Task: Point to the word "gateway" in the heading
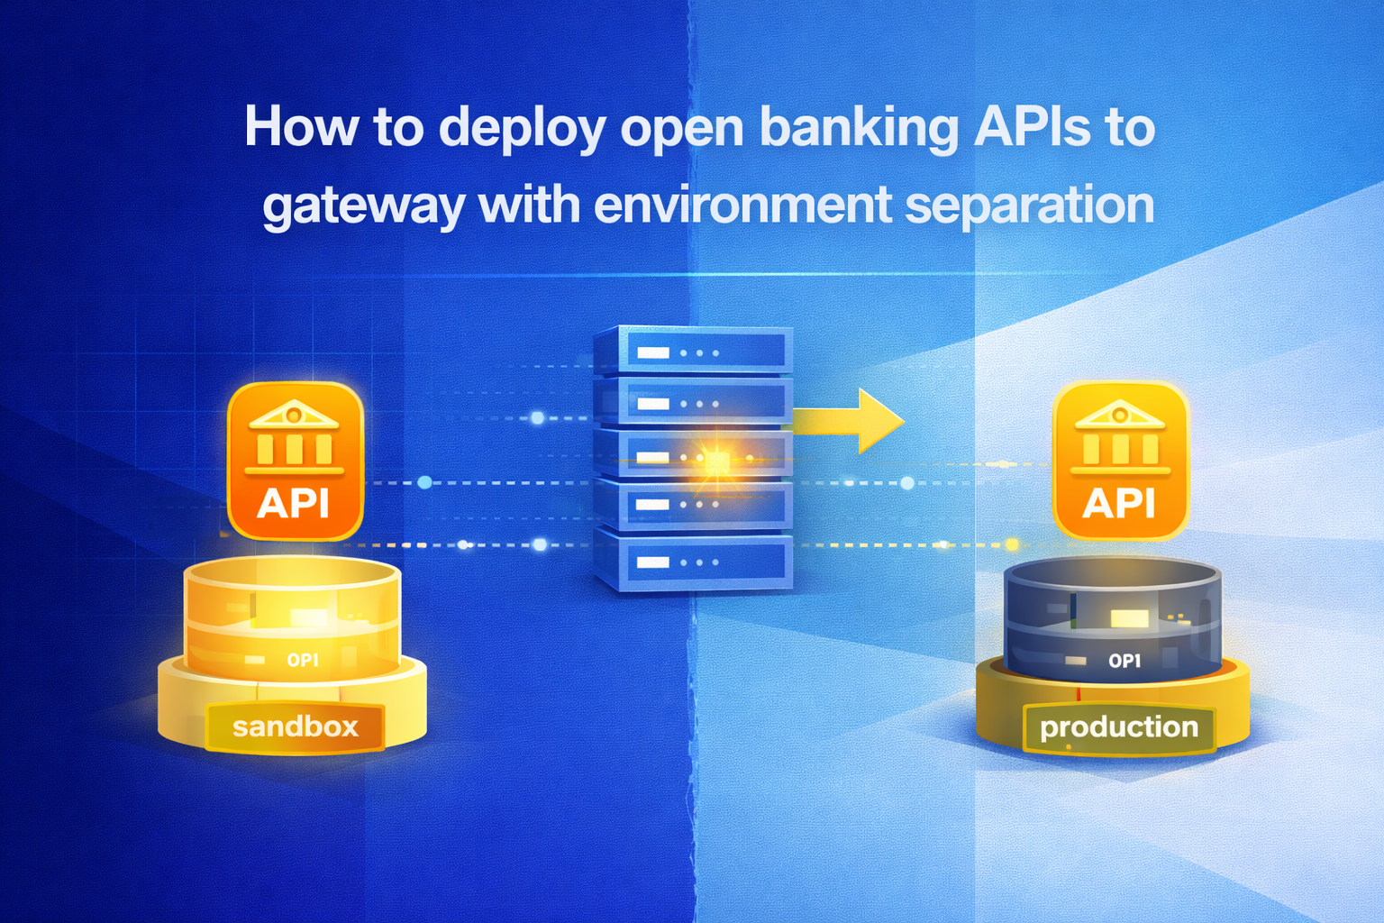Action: tap(363, 206)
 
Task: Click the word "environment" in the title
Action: tap(742, 205)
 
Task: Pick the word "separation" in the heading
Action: tap(1029, 206)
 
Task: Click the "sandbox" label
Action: tap(296, 727)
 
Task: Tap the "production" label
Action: tap(1119, 727)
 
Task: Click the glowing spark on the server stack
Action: tap(717, 461)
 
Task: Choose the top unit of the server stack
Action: tap(693, 352)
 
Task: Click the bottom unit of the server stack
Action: tap(693, 562)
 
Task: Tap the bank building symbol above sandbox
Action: tap(295, 436)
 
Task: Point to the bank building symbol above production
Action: tap(1120, 436)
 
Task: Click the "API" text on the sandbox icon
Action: tap(294, 503)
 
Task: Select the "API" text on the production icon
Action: tap(1119, 503)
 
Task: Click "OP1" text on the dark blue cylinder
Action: tap(1124, 661)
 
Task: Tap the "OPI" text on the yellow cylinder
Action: tap(303, 661)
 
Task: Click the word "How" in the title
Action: tap(302, 127)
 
